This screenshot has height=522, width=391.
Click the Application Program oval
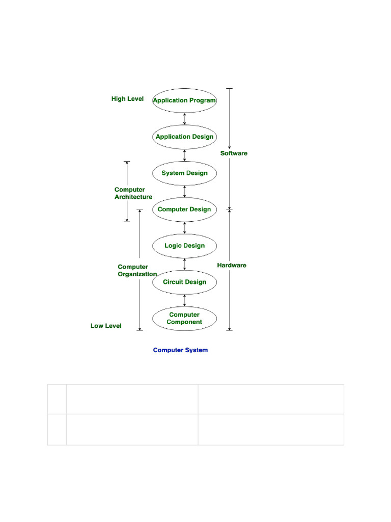click(x=184, y=100)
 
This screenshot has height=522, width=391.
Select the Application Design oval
click(x=184, y=137)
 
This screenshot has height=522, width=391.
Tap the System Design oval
click(x=184, y=173)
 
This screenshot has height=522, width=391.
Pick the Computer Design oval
click(x=184, y=210)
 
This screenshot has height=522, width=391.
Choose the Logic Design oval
click(x=184, y=246)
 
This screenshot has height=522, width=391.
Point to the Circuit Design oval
click(x=184, y=282)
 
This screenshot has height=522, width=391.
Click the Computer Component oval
click(x=184, y=318)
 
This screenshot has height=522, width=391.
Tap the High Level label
click(x=127, y=99)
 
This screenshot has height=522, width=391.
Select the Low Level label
click(x=106, y=326)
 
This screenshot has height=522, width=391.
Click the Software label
click(x=234, y=153)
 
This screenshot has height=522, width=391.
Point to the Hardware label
click(x=232, y=265)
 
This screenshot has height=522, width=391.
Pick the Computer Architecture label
click(x=133, y=193)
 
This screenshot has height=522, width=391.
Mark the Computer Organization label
click(x=137, y=270)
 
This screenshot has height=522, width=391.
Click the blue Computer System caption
click(x=180, y=350)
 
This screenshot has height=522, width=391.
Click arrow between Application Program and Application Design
click(x=184, y=118)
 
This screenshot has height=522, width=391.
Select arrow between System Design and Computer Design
click(x=184, y=191)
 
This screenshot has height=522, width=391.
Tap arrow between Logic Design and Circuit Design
click(x=184, y=264)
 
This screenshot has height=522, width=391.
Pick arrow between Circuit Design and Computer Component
click(x=184, y=300)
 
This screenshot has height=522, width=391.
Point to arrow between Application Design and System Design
click(x=184, y=155)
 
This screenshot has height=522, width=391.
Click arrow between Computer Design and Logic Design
click(x=184, y=227)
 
